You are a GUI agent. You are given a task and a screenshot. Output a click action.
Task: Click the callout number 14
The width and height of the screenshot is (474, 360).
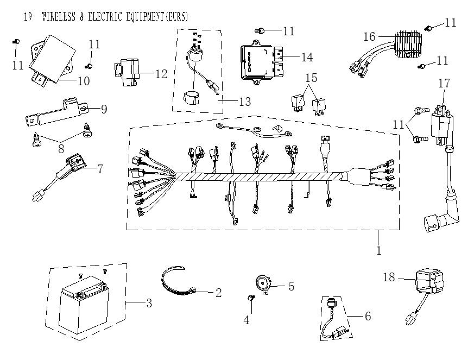click(x=307, y=56)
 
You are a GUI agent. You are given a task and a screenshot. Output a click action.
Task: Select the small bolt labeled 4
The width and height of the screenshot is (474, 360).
click(x=251, y=298)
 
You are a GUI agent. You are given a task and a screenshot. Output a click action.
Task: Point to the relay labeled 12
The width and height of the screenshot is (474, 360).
click(x=128, y=74)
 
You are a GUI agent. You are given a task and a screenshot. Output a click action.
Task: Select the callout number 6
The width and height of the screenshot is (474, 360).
click(x=367, y=315)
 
